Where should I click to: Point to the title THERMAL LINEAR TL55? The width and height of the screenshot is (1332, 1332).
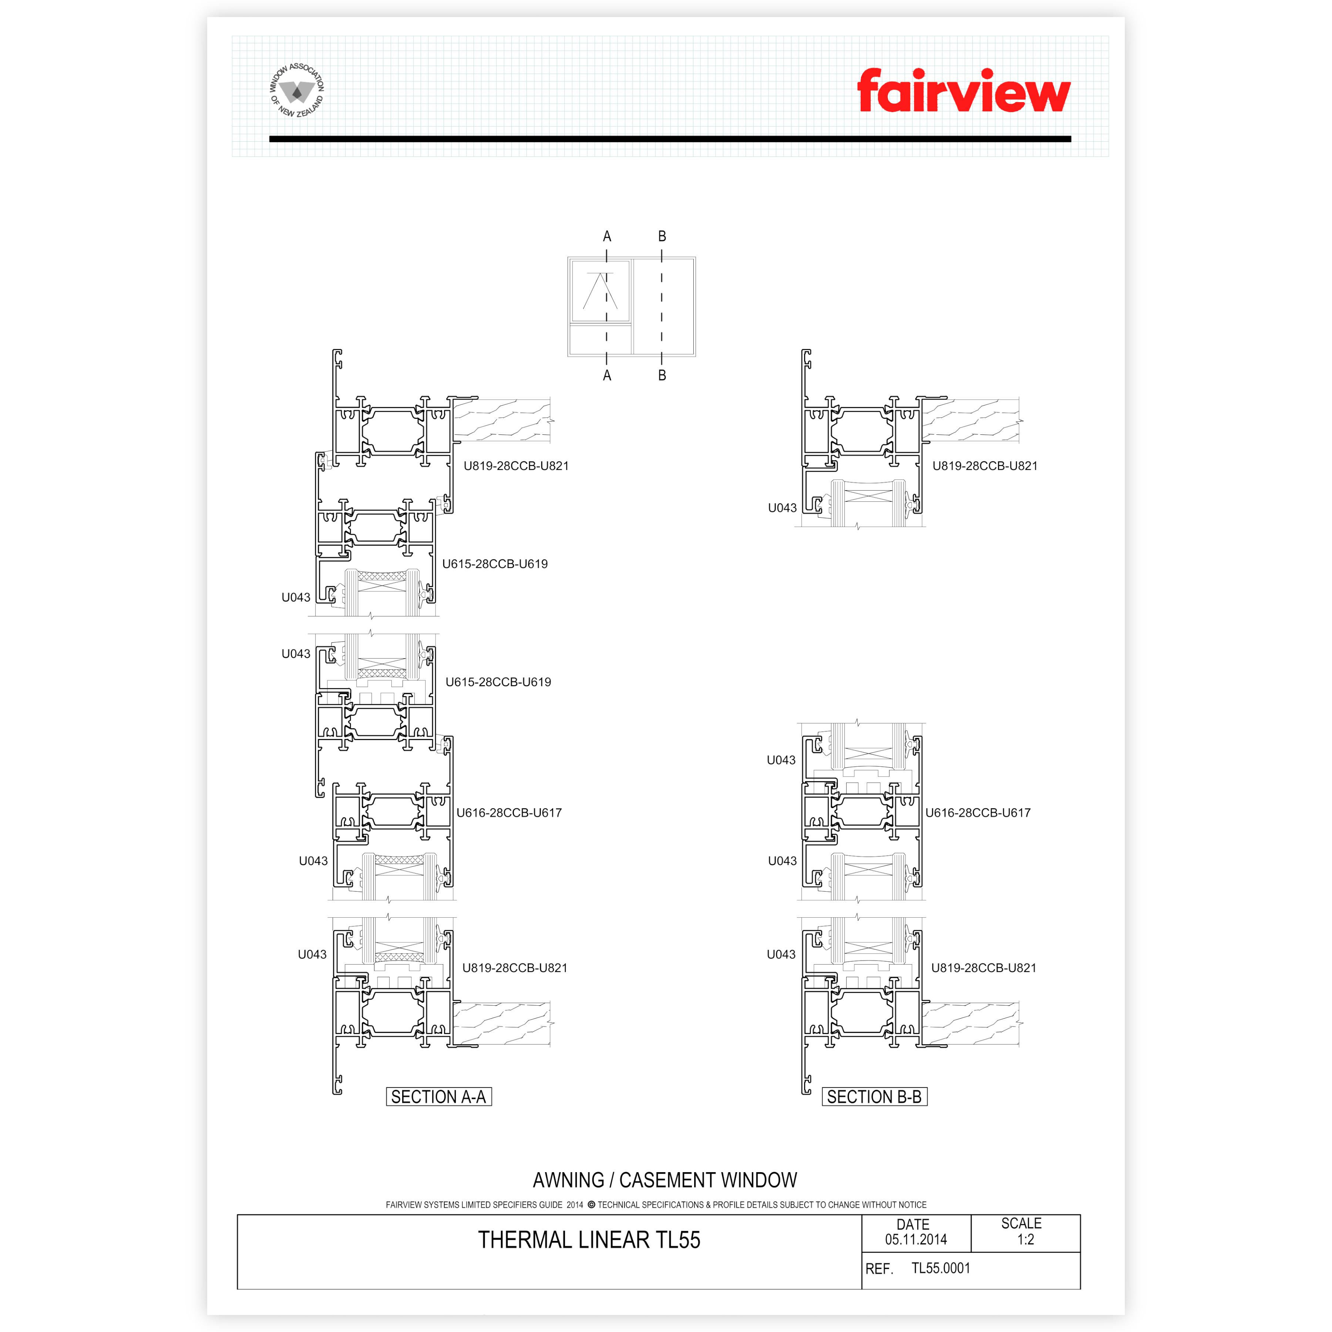[589, 1239]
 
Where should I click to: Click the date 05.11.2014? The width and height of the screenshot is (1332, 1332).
[916, 1239]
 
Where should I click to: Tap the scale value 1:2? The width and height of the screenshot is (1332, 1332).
[1025, 1239]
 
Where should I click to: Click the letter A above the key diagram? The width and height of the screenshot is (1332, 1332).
[607, 236]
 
